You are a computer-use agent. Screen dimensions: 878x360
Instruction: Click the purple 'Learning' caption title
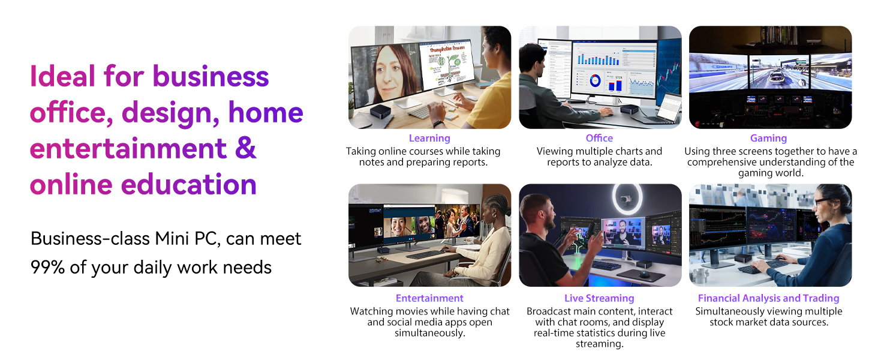pyautogui.click(x=429, y=138)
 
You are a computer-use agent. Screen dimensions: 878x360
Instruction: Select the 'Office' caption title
pyautogui.click(x=599, y=138)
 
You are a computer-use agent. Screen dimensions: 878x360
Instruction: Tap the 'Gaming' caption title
pyautogui.click(x=769, y=139)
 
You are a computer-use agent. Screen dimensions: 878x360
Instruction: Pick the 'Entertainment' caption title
pyautogui.click(x=429, y=298)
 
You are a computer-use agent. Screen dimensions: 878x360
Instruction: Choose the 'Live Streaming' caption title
pyautogui.click(x=599, y=298)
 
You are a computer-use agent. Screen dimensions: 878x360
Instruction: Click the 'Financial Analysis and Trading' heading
pyautogui.click(x=769, y=298)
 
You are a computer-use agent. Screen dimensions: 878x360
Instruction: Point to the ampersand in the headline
pyautogui.click(x=246, y=148)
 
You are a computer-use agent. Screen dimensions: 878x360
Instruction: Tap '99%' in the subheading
pyautogui.click(x=47, y=268)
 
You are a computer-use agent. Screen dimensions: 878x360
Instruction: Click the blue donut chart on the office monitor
pyautogui.click(x=595, y=81)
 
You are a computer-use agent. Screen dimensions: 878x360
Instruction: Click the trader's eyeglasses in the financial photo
pyautogui.click(x=823, y=202)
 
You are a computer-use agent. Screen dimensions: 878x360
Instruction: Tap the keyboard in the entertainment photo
pyautogui.click(x=426, y=254)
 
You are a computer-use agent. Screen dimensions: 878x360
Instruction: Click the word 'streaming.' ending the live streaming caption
pyautogui.click(x=599, y=344)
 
